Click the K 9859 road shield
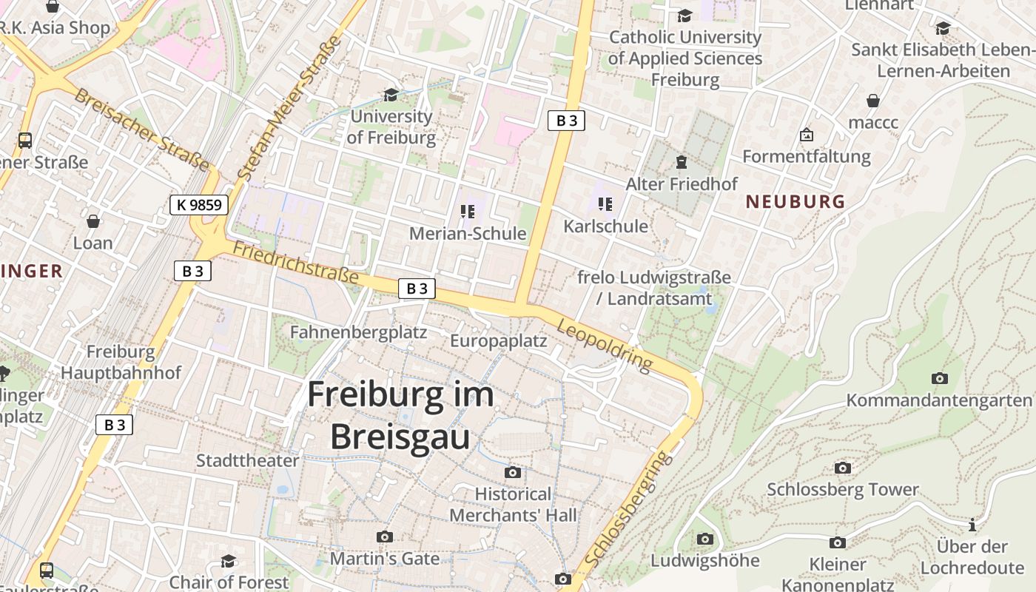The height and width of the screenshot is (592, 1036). (199, 205)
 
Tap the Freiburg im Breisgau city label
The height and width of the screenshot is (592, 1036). (400, 415)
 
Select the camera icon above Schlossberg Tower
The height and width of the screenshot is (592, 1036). (842, 468)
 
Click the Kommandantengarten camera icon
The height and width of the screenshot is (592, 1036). (939, 378)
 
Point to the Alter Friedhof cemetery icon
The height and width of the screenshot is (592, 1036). (681, 161)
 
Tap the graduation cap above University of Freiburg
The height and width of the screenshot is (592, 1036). (391, 95)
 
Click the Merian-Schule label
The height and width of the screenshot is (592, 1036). (468, 234)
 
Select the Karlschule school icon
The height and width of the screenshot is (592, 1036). (605, 204)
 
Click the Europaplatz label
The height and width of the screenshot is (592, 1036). (498, 341)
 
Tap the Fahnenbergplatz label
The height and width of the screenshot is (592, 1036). (358, 332)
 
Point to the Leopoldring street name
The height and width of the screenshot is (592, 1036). (605, 346)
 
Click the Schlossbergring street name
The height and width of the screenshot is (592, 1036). (628, 511)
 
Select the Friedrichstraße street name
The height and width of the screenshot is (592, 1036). (295, 263)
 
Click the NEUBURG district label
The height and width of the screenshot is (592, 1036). (795, 201)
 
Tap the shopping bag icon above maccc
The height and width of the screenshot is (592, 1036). (873, 101)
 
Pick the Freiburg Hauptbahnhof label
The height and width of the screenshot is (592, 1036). (121, 362)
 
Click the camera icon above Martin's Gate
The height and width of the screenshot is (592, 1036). (384, 536)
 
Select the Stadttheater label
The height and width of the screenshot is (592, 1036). (247, 460)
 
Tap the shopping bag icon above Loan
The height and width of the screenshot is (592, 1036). (93, 221)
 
